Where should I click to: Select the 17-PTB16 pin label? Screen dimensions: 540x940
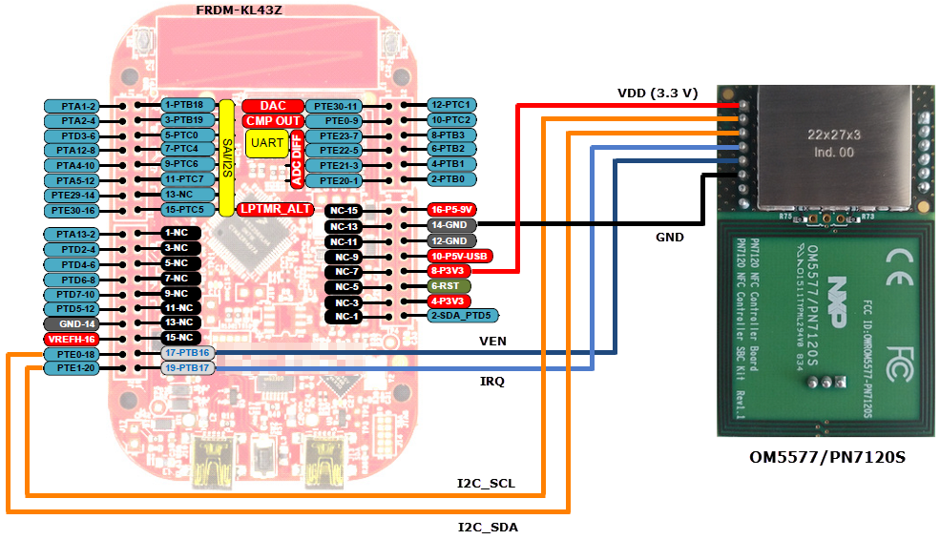click(x=188, y=353)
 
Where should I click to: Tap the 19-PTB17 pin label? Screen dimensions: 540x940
click(x=188, y=368)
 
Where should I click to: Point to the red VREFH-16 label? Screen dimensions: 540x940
click(x=72, y=339)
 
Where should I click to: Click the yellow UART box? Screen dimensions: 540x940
click(x=265, y=143)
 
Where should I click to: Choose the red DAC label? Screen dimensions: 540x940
click(x=272, y=106)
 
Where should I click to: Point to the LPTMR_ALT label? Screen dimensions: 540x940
click(x=275, y=209)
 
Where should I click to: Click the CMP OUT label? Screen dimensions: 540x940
click(x=273, y=121)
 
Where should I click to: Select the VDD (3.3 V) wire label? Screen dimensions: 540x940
click(x=658, y=93)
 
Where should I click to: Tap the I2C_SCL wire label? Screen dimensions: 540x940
click(x=485, y=484)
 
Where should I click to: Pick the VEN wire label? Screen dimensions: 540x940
click(x=493, y=340)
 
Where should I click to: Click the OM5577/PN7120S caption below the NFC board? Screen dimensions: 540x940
click(x=825, y=459)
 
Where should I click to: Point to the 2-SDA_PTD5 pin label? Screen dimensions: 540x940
click(x=462, y=316)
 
